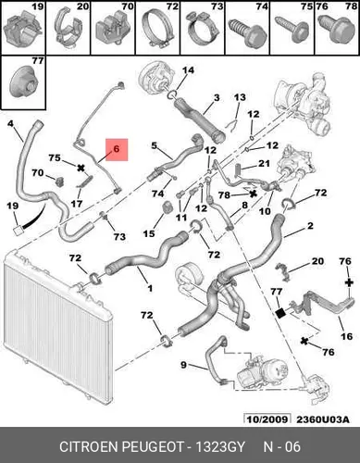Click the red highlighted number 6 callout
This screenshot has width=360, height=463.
tap(117, 150)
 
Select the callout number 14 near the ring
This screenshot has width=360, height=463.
tap(188, 70)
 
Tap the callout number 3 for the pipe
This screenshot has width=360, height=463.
tap(217, 98)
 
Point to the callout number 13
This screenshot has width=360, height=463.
tap(240, 97)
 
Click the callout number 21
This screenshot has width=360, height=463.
tap(264, 163)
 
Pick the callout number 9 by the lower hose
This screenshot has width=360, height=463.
tap(184, 365)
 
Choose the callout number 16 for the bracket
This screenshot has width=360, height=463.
tap(346, 336)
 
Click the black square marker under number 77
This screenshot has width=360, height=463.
tap(280, 313)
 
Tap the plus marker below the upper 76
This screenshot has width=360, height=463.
tap(349, 282)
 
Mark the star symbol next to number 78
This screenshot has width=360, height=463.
tap(254, 194)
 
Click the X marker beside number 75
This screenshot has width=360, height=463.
tap(81, 168)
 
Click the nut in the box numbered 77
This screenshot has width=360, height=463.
tap(24, 81)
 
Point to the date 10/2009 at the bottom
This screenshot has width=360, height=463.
tap(267, 419)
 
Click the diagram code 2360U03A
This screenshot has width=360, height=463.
tap(323, 419)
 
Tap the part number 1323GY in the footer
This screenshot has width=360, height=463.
tap(220, 446)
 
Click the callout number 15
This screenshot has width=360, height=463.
tap(149, 233)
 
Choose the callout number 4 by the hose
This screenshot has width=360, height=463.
tap(11, 124)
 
